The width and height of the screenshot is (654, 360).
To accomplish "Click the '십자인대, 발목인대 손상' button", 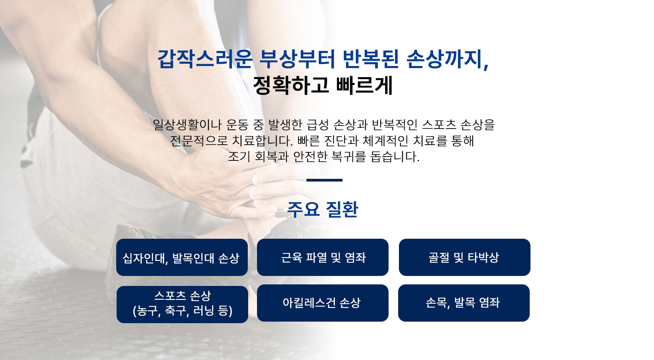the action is point(182,257).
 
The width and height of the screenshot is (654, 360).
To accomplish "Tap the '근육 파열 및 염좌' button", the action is point(323,257).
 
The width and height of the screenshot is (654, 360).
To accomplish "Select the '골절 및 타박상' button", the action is point(465,257).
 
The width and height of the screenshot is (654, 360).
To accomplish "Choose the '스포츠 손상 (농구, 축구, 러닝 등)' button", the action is point(182,304).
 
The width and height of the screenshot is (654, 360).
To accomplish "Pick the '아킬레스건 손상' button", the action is point(323,303).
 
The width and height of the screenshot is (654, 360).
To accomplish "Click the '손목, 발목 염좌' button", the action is point(464,303).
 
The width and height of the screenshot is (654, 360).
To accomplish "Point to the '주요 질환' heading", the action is point(323,209).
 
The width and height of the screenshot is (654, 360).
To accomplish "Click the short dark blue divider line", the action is point(325,180).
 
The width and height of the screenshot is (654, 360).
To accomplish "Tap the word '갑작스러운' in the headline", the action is point(205,59).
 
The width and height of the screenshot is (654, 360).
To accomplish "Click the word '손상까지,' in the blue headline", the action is point(448,59).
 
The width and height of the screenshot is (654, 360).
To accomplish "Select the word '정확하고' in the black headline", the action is point(291,85).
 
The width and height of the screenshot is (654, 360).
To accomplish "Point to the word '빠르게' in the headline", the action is point(364,85).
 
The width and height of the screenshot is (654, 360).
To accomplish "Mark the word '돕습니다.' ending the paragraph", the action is point(395,157).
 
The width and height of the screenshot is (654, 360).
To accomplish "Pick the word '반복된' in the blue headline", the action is point(371,59).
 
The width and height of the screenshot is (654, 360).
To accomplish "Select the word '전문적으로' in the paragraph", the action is point(199,141).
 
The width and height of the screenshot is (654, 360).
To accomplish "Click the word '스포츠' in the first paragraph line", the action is point(439,125).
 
